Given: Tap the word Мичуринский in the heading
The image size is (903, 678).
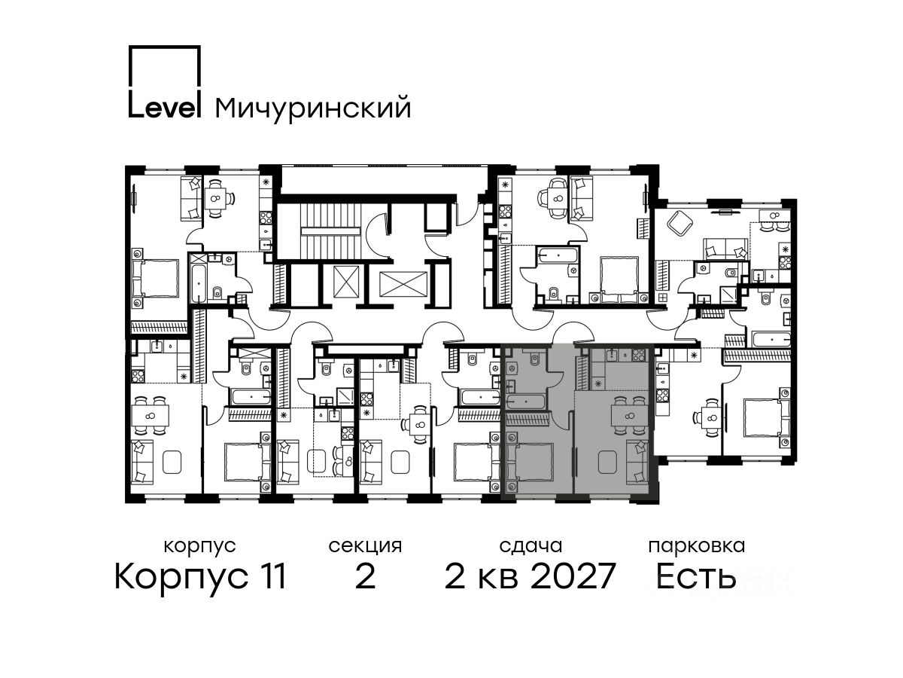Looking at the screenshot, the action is coord(312,108).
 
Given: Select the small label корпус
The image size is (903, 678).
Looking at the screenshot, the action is coord(199,546).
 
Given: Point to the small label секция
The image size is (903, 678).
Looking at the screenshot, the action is coord(365,546).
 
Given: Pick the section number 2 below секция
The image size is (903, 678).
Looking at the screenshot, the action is coord(365,576).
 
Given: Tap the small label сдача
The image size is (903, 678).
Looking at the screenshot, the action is coord(531,546).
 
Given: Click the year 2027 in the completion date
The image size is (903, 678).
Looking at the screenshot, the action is coord(573,576).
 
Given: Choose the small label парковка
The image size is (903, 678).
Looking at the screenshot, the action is coord(697,546).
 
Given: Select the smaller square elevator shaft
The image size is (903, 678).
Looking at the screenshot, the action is coord(346,281).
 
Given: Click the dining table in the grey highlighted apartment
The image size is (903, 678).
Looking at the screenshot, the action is coord(628,416).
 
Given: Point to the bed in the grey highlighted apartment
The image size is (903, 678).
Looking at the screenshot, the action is coord(530,461).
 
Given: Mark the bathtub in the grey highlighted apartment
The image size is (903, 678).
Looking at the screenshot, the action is coord(525,401).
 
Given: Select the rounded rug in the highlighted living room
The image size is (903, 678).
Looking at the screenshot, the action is coord(607,463).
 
